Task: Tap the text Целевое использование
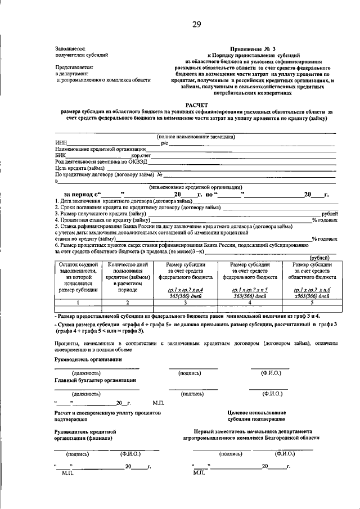pyautogui.click(x=256, y=413)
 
